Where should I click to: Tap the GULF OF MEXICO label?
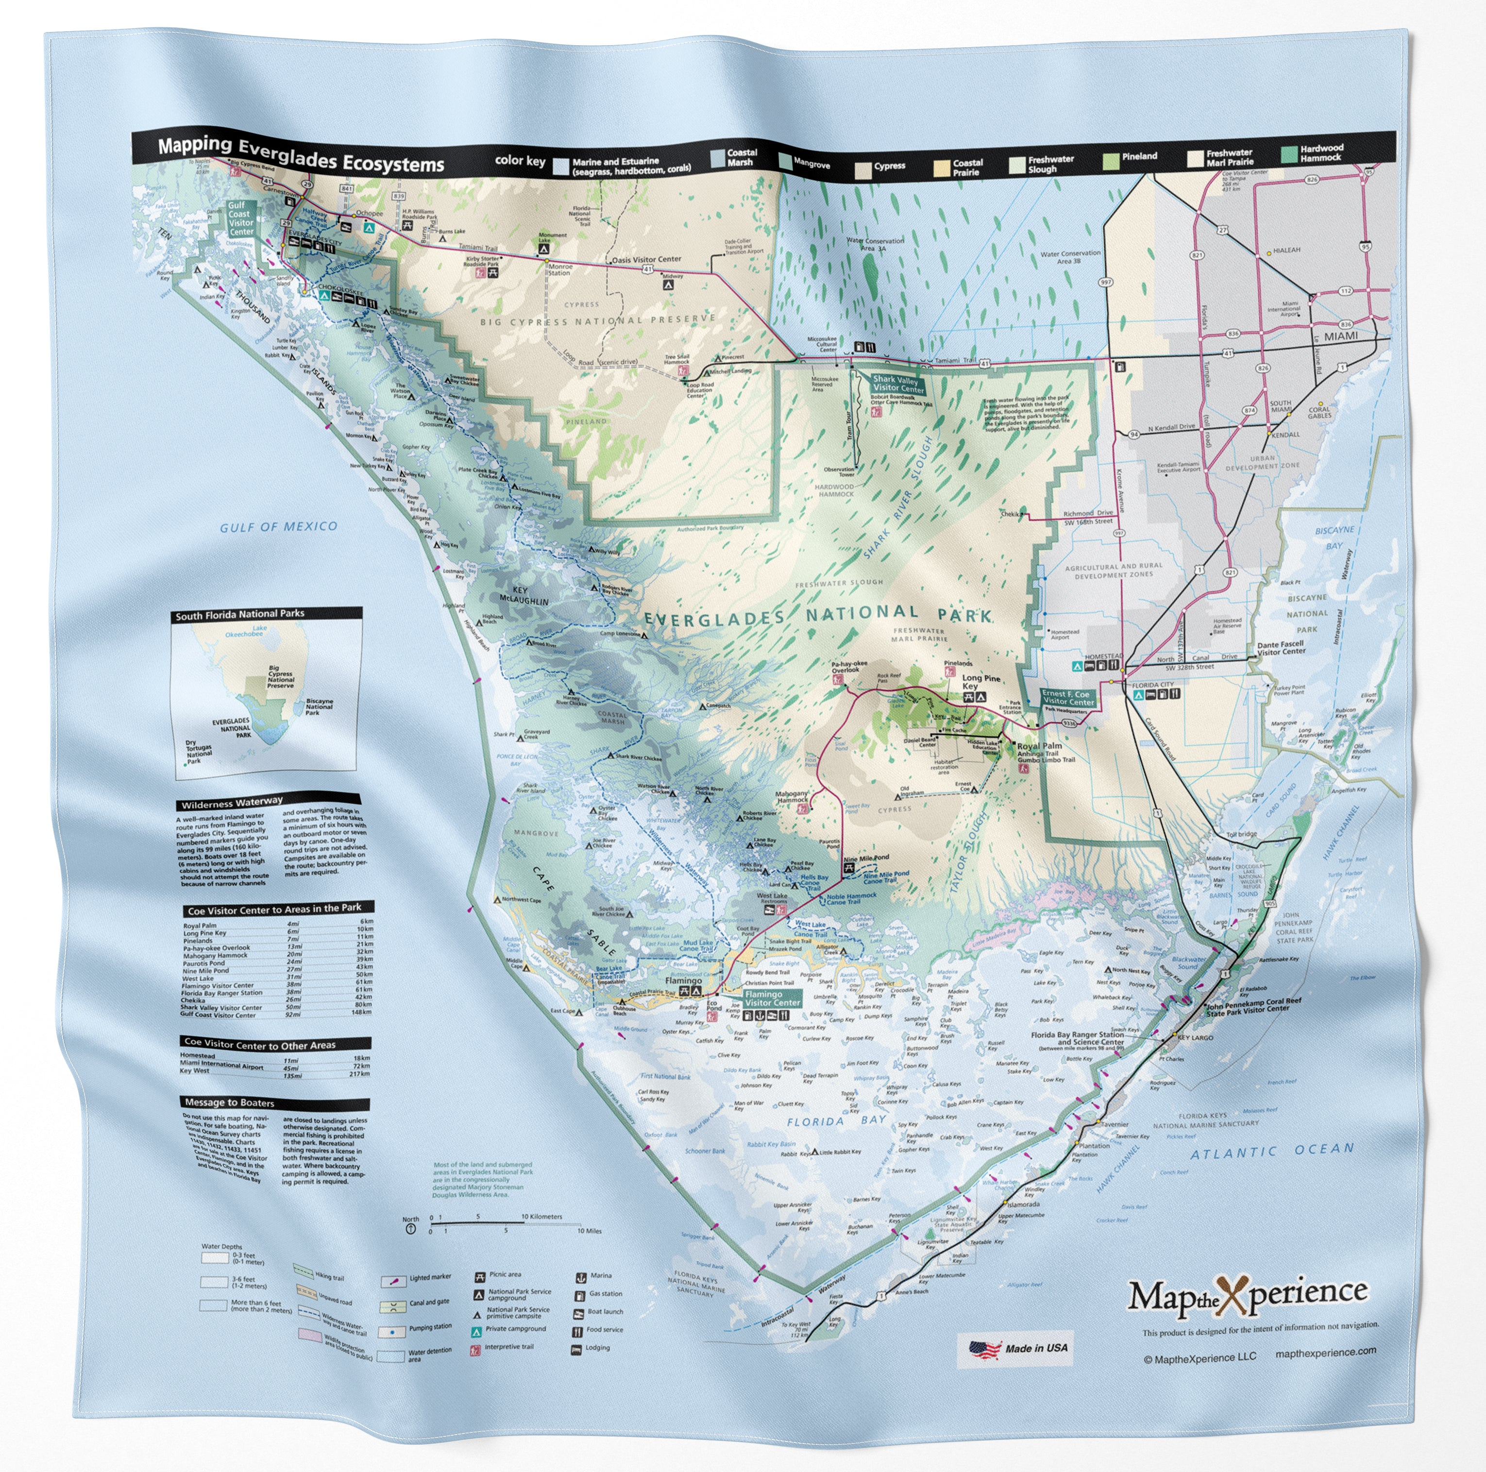pos(278,527)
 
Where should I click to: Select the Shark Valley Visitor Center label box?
pos(897,384)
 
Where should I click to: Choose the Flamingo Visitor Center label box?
pos(772,998)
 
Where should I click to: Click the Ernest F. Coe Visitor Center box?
pos(1067,698)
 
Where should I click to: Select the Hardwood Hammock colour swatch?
pos(1289,154)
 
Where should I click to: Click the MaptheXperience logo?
pos(1247,1296)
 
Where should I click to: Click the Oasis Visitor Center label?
pos(646,259)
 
